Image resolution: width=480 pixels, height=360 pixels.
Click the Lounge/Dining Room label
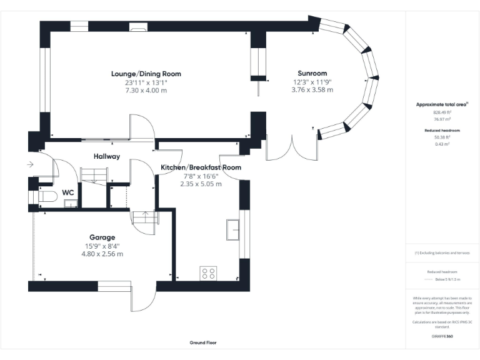click(x=146, y=74)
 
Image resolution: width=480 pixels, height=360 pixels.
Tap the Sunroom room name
click(x=312, y=74)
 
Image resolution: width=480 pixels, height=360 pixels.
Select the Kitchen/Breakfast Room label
click(x=201, y=167)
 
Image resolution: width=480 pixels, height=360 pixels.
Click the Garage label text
click(x=102, y=237)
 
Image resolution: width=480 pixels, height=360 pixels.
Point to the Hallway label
click(x=107, y=156)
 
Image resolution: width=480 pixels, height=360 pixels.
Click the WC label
click(x=68, y=193)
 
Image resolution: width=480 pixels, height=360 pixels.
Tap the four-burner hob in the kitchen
click(x=208, y=272)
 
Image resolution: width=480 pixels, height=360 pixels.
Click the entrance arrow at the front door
click(x=31, y=165)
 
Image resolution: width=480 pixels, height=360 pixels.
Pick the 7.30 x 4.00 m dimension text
click(x=146, y=90)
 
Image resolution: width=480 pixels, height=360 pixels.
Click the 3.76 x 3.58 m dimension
click(x=312, y=90)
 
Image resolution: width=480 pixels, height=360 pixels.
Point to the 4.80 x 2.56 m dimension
click(x=102, y=254)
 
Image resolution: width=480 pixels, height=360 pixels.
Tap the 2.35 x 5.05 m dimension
click(x=201, y=184)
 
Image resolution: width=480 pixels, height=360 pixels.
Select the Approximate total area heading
click(x=442, y=104)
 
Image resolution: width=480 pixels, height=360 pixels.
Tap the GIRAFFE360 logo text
click(x=442, y=336)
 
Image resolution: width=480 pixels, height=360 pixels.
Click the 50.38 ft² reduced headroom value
click(x=442, y=137)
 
